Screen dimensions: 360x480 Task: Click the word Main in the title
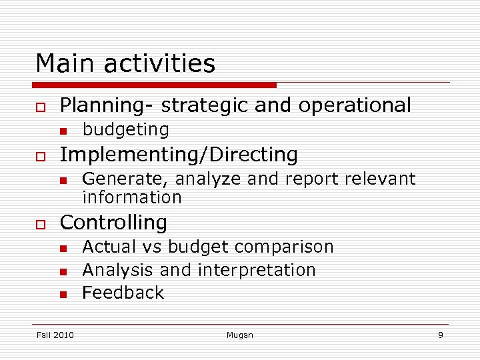point(63,64)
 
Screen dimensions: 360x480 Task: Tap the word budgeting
point(125,129)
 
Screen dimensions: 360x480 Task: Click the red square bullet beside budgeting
point(62,130)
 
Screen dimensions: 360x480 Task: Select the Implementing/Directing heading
point(179,155)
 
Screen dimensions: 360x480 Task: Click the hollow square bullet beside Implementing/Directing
point(40,156)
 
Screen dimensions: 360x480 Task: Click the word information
point(131,197)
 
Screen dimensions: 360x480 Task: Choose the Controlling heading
point(113,223)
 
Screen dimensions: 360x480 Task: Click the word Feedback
point(123,293)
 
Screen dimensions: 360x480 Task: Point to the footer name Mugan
point(240,335)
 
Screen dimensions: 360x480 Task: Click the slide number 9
point(440,335)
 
